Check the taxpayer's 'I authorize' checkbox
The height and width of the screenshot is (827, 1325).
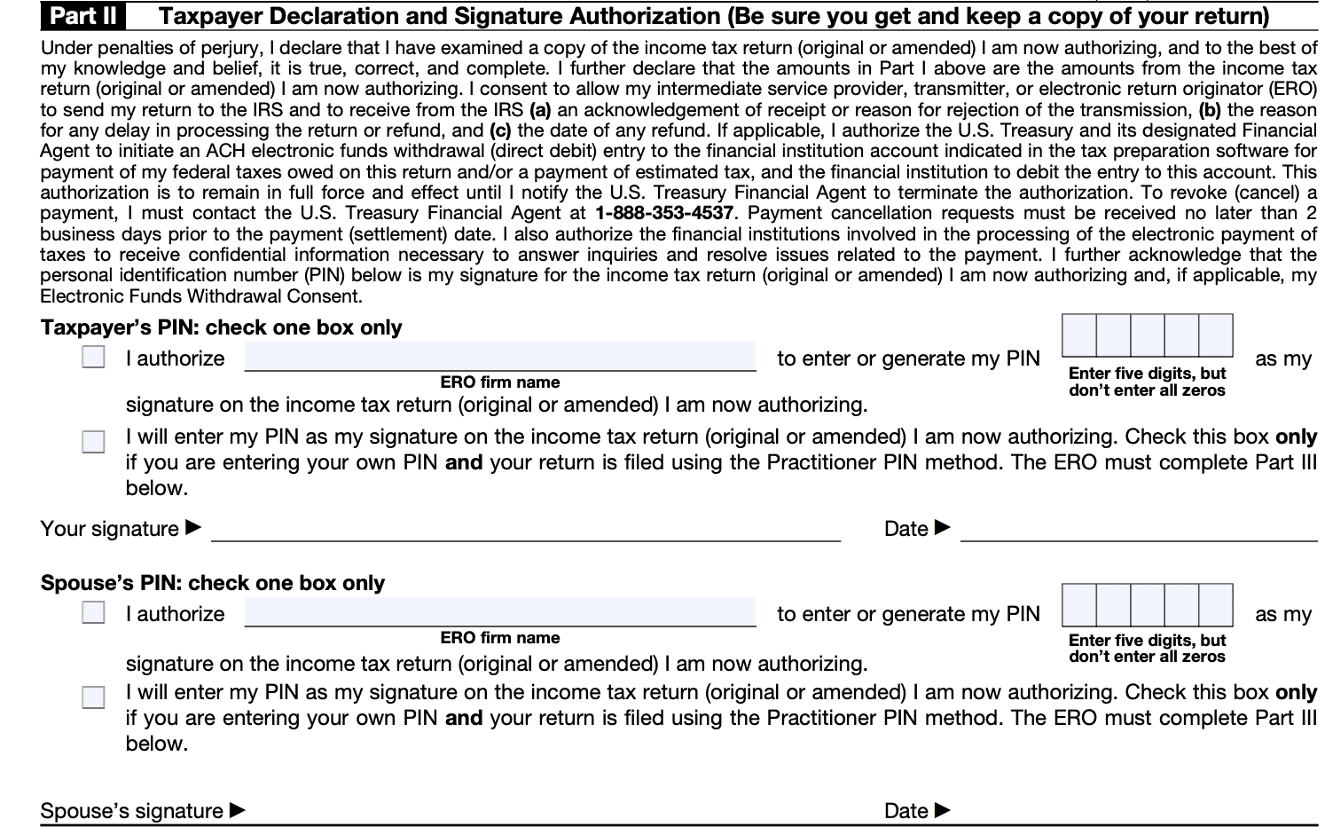[x=93, y=357]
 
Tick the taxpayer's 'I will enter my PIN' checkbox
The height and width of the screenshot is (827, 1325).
[x=93, y=441]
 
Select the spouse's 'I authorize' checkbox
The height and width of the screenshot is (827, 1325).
[x=93, y=612]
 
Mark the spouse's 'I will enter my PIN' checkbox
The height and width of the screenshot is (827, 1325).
[x=93, y=697]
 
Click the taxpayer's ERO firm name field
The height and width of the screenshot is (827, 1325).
[x=500, y=357]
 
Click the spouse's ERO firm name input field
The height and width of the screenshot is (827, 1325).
[x=500, y=612]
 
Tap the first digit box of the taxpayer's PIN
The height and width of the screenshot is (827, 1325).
[x=1079, y=335]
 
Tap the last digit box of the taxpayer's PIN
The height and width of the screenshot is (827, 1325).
[x=1216, y=335]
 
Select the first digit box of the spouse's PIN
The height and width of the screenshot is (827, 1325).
[x=1079, y=605]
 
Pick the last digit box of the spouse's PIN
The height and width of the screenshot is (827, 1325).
[x=1216, y=605]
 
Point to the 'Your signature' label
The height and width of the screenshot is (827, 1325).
[x=110, y=529]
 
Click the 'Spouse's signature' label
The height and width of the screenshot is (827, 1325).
[x=132, y=811]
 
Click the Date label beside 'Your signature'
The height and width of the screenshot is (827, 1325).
[x=906, y=529]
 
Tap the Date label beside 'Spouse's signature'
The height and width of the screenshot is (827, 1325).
[x=906, y=811]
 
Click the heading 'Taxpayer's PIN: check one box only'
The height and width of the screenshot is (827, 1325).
[x=222, y=327]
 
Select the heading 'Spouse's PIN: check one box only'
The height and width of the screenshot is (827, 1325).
[x=213, y=583]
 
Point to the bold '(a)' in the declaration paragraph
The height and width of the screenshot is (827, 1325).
[x=540, y=110]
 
